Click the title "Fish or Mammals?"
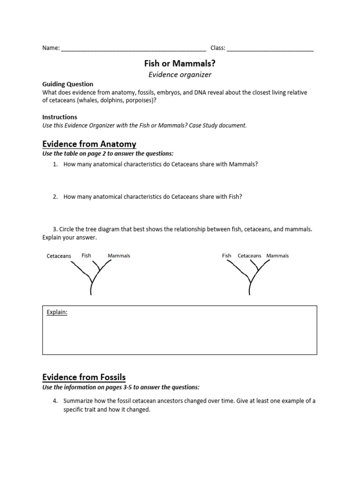coord(180,63)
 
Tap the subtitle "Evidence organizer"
coord(180,75)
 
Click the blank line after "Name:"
coord(134,48)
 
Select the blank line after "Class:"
coord(270,48)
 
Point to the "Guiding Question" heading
coord(68,84)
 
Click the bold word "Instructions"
coord(60,117)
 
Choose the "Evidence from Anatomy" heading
coord(89,144)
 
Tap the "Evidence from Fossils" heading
coord(84,377)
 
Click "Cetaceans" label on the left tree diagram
coord(59,256)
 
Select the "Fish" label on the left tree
coord(86,255)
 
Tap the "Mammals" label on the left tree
coord(119,256)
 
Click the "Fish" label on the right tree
coord(227,256)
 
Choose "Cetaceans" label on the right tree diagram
coord(249,256)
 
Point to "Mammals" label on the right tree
coord(277,256)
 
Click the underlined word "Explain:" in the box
coord(57,313)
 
